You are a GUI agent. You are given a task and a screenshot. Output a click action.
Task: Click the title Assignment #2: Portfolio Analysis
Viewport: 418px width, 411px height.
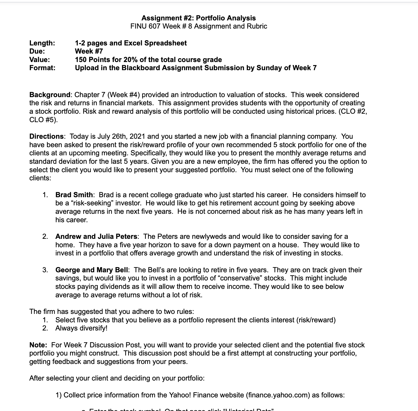[199, 18]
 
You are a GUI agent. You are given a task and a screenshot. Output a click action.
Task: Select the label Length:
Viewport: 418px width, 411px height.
[42, 43]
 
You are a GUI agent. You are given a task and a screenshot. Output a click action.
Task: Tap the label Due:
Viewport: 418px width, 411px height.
[37, 51]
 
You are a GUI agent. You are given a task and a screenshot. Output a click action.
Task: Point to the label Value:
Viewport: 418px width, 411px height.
[40, 60]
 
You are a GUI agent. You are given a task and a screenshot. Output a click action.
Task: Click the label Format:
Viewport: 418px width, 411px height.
[42, 68]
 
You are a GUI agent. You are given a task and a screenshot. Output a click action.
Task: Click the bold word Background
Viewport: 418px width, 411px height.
[50, 95]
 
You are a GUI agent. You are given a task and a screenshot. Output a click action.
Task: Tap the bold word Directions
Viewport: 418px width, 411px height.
[46, 136]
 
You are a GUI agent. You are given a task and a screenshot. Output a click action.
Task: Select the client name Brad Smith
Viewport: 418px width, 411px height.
[74, 195]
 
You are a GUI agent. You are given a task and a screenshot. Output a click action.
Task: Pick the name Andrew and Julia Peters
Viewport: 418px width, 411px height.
[96, 236]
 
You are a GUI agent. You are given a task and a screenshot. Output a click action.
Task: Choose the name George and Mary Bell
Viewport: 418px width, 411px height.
[92, 270]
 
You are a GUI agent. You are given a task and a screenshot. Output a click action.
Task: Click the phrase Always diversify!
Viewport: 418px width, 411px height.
[81, 328]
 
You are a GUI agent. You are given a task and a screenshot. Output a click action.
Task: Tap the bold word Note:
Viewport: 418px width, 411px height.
[38, 345]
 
